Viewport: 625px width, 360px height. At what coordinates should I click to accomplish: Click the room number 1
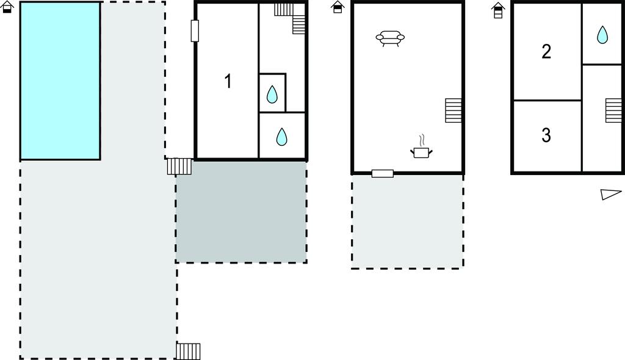coord(228,81)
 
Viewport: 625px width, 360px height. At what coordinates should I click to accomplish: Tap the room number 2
coord(546,51)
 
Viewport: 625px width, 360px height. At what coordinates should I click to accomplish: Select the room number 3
coord(546,135)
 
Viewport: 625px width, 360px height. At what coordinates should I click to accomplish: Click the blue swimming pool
coord(60,81)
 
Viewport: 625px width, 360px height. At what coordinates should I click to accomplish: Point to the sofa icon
coord(390,38)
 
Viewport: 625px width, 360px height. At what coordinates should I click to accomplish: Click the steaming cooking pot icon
coord(421,147)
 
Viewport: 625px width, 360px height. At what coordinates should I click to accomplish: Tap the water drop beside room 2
coord(602,35)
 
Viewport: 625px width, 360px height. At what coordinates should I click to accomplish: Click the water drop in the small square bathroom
coord(272,95)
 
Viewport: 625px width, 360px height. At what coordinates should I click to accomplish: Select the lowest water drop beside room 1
coord(282,136)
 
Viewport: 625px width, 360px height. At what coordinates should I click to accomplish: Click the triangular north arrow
coord(610,194)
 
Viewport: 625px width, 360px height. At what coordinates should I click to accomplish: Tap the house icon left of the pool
coord(7,7)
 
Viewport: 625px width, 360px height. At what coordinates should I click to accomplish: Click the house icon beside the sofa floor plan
coord(338,7)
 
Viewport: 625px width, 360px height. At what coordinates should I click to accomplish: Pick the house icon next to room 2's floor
coord(498,10)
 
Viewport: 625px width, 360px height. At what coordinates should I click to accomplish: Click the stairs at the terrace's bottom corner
coord(188,351)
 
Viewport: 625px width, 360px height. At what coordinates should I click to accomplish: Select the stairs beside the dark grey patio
coord(179,166)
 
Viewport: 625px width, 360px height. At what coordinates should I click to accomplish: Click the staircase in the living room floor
coord(453,110)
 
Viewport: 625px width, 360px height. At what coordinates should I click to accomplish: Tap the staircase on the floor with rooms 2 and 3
coord(613,110)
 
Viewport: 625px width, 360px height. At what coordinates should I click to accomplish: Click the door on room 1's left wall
coord(195,31)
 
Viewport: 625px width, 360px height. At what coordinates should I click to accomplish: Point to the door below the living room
coord(383,173)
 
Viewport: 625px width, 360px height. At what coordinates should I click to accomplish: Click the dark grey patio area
coord(241,212)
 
